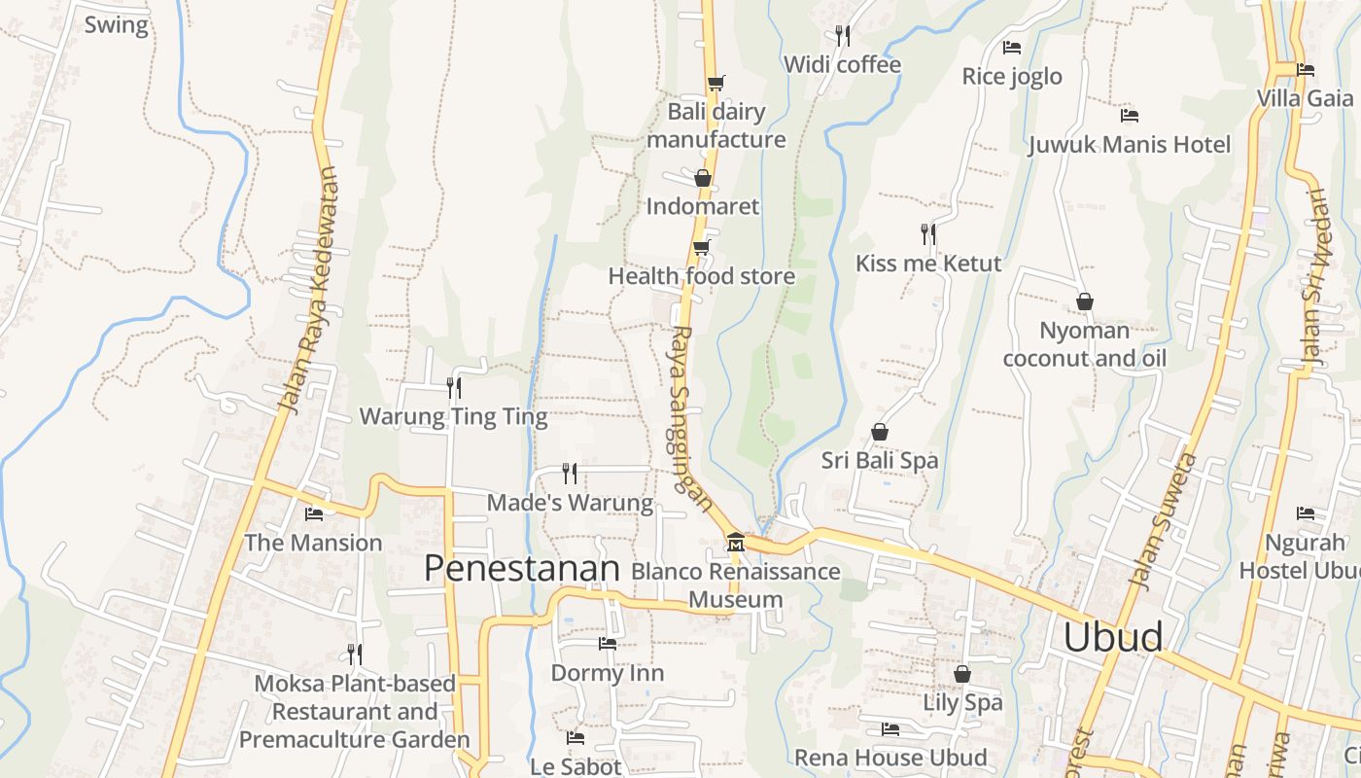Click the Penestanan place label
pyautogui.click(x=521, y=568)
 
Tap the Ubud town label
pyautogui.click(x=1112, y=637)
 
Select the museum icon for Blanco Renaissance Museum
pyautogui.click(x=735, y=542)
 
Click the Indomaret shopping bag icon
pyautogui.click(x=702, y=178)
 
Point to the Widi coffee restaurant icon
pyautogui.click(x=843, y=36)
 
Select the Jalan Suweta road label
pyautogui.click(x=1161, y=520)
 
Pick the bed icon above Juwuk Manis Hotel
pyautogui.click(x=1129, y=116)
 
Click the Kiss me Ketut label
pyautogui.click(x=927, y=264)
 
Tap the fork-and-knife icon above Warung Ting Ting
pyautogui.click(x=453, y=388)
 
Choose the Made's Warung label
pyautogui.click(x=570, y=503)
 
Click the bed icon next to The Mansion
pyautogui.click(x=313, y=513)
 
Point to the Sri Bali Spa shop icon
pyautogui.click(x=880, y=431)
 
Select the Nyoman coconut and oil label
pyautogui.click(x=1084, y=344)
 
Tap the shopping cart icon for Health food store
pyautogui.click(x=701, y=247)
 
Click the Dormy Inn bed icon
pyautogui.click(x=608, y=644)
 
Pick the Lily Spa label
pyautogui.click(x=961, y=702)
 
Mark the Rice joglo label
pyautogui.click(x=1012, y=77)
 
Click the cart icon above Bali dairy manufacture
pyautogui.click(x=715, y=83)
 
